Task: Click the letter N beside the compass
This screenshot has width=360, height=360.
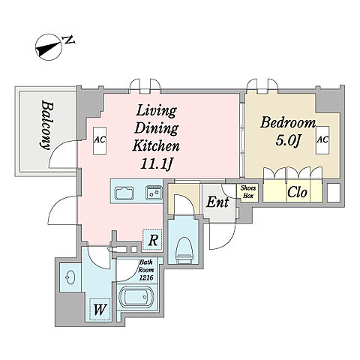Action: (68, 40)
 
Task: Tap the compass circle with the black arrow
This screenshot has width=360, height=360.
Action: (49, 48)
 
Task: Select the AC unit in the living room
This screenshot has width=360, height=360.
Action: (100, 141)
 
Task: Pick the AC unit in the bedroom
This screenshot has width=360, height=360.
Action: (322, 140)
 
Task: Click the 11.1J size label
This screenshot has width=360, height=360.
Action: (156, 163)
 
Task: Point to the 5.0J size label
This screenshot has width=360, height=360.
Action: (287, 141)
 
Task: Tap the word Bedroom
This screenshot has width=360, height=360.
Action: (288, 123)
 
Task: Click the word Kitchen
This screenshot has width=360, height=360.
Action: (156, 146)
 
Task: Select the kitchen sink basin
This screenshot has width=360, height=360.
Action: (124, 193)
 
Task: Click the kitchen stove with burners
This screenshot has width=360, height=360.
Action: (154, 193)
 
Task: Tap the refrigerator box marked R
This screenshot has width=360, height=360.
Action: (152, 240)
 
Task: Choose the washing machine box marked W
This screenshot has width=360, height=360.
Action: (100, 310)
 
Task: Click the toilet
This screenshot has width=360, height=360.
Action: (184, 250)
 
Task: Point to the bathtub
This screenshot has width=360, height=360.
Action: (136, 297)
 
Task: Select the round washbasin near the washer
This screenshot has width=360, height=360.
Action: (70, 277)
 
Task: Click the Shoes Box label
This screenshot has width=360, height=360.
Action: (248, 192)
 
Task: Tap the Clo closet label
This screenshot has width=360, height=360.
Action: (297, 192)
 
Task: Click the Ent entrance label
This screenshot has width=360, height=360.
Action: (217, 202)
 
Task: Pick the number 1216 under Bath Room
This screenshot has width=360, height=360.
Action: (146, 277)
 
